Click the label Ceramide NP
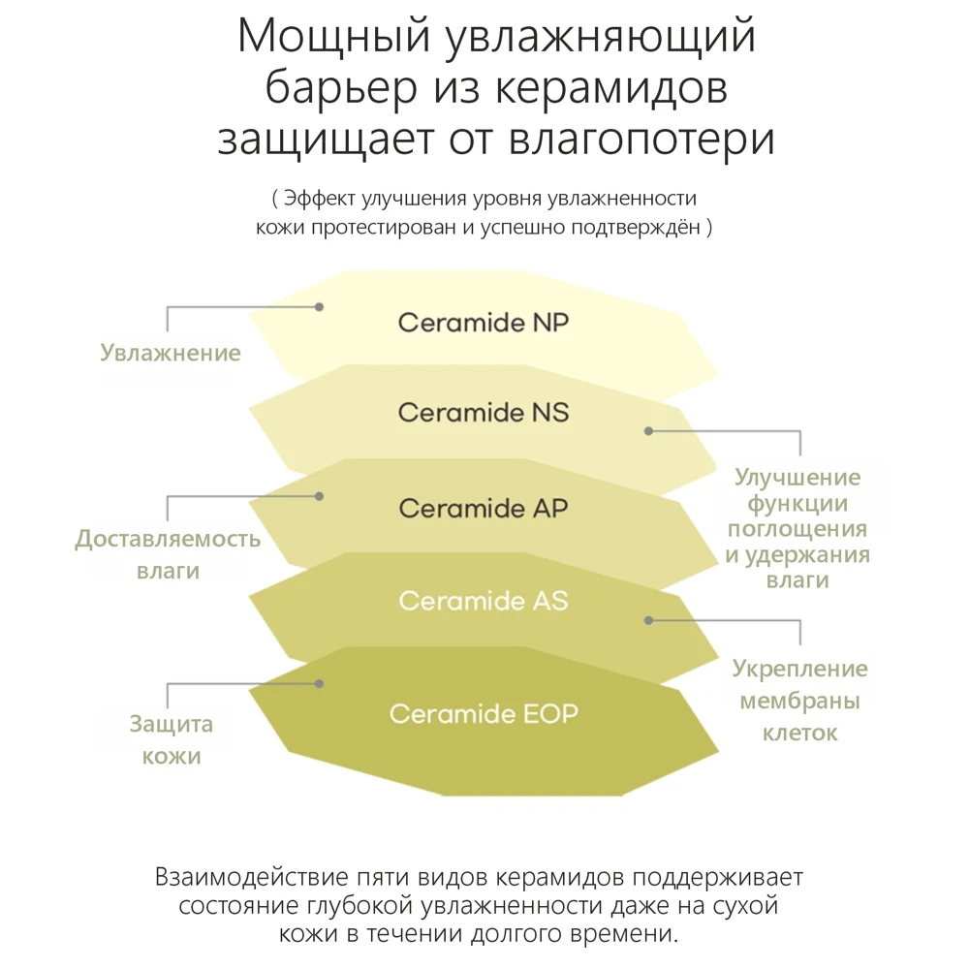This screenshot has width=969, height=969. coord(483,323)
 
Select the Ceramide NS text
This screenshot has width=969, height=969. coord(483,413)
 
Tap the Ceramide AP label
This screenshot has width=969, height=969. coord(483,508)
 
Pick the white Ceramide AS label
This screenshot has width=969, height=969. coord(483,602)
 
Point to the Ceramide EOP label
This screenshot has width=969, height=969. coord(483,715)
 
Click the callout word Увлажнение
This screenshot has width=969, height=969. coord(171,353)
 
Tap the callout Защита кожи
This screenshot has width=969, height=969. coord(172,740)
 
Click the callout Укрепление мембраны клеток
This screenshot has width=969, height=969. coord(799,701)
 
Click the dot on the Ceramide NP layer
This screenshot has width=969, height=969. coord(319,306)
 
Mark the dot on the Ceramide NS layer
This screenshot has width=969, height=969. coord(648,430)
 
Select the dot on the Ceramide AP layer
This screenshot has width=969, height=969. coord(319,495)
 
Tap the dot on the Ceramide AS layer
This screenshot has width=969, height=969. coord(648,619)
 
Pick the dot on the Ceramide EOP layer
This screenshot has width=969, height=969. coord(319,683)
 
